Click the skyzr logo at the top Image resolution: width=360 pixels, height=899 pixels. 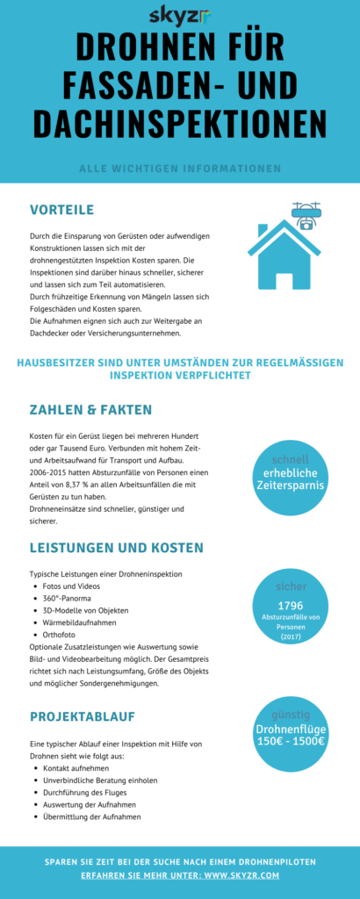pos(179,16)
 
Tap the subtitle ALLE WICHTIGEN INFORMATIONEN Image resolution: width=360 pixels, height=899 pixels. pos(179,168)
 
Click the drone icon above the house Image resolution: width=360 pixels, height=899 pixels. pos(306,214)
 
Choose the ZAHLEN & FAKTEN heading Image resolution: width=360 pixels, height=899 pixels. pos(90,409)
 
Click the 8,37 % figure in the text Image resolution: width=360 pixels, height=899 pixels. pos(109,484)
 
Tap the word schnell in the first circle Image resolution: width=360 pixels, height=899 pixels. pos(290,460)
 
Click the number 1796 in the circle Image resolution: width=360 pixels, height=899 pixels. pos(290,605)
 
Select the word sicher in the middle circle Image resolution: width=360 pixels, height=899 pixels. pos(290,586)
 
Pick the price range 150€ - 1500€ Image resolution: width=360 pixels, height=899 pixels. pos(290,741)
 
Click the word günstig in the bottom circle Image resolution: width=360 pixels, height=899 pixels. pos(290,714)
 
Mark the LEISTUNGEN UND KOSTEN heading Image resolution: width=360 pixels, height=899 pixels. pos(116,548)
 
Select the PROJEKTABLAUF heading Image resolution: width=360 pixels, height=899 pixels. pos(82,717)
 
